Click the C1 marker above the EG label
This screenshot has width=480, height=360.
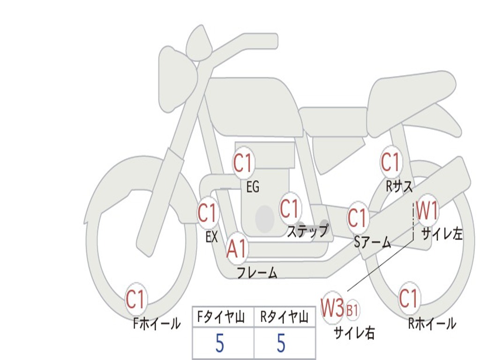click(243, 164)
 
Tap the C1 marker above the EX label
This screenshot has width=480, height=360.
click(207, 213)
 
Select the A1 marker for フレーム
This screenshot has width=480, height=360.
click(237, 249)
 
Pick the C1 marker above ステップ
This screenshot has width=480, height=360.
click(290, 209)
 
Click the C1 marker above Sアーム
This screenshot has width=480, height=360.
click(357, 217)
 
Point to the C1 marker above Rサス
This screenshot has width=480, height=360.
click(390, 162)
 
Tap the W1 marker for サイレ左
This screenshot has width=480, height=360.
click(427, 211)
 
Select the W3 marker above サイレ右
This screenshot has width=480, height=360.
click(332, 308)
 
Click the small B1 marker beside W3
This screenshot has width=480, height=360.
click(352, 310)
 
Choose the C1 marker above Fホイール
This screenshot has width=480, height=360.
click(136, 300)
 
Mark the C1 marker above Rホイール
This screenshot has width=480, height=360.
click(408, 298)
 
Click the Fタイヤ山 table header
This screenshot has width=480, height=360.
click(223, 318)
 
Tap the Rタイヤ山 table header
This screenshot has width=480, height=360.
click(284, 318)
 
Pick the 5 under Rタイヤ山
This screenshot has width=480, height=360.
click(281, 344)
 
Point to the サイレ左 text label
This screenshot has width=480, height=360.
click(442, 233)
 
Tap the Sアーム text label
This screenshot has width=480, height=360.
click(373, 242)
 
